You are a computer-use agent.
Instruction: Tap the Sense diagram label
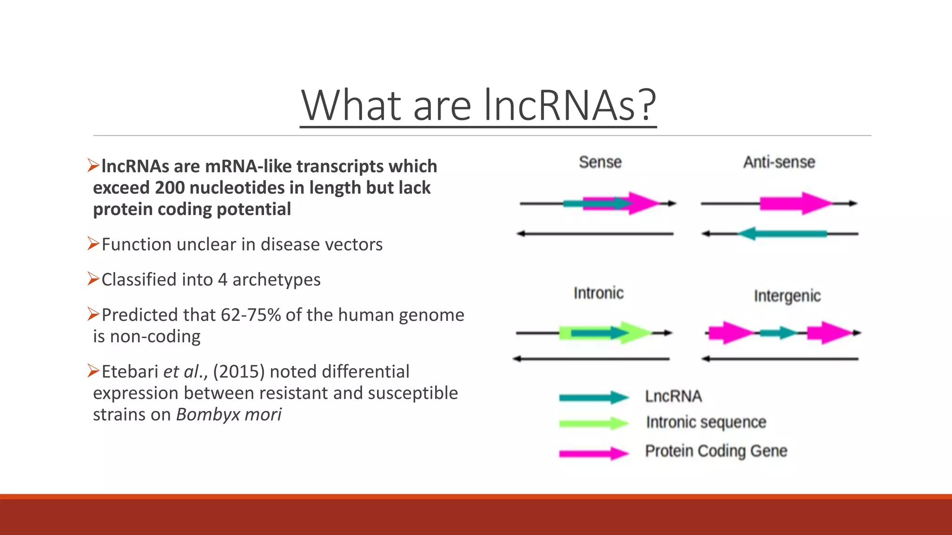[x=600, y=162]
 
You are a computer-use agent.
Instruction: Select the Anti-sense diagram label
[x=779, y=162]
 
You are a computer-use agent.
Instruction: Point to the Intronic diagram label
[x=598, y=293]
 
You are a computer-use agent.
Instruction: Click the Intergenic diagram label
[x=787, y=296]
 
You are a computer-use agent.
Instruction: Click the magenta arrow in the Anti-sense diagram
[x=795, y=203]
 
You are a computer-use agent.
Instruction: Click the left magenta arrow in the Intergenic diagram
[x=729, y=333]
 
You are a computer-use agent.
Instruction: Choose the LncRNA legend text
[x=673, y=396]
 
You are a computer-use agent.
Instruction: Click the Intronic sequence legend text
[x=706, y=422]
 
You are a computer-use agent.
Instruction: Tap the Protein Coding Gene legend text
[x=716, y=451]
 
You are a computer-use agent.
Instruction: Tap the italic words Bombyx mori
[x=229, y=414]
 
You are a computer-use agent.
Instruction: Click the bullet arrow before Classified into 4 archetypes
[x=93, y=279]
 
